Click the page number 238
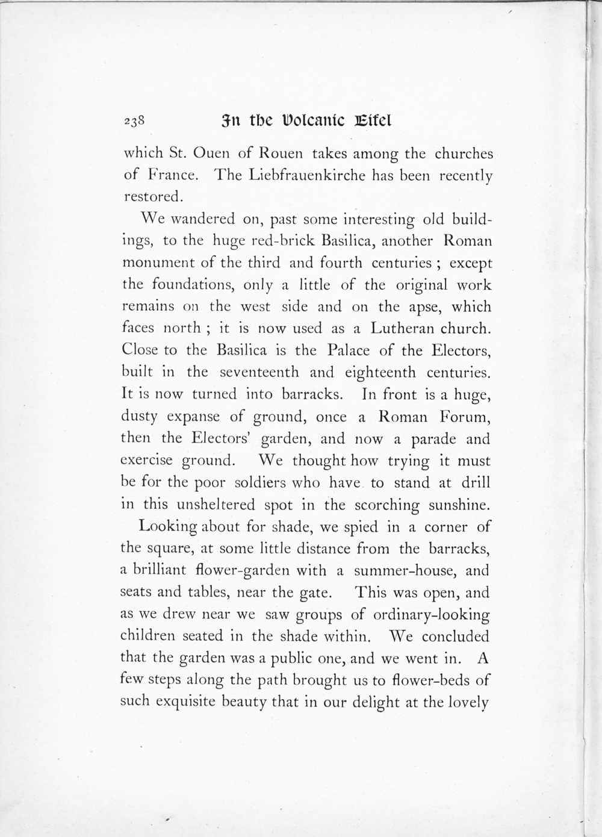134,120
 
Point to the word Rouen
282,154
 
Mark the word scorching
386,505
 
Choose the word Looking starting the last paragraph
168,527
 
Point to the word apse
423,307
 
